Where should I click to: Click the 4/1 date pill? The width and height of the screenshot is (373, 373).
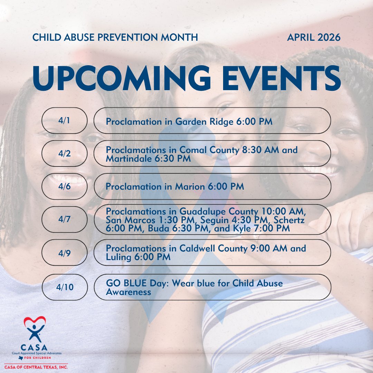(64, 121)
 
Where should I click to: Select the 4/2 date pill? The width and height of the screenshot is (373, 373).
(64, 154)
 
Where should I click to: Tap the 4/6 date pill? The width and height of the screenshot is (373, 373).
(64, 186)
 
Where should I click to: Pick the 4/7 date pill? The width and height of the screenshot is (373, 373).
(64, 220)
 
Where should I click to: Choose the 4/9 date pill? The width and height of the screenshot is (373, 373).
(64, 252)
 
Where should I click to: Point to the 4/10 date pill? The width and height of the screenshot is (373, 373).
(64, 287)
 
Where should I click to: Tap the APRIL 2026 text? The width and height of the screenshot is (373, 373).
(314, 37)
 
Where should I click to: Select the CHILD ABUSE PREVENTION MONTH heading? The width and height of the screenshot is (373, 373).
(115, 37)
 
